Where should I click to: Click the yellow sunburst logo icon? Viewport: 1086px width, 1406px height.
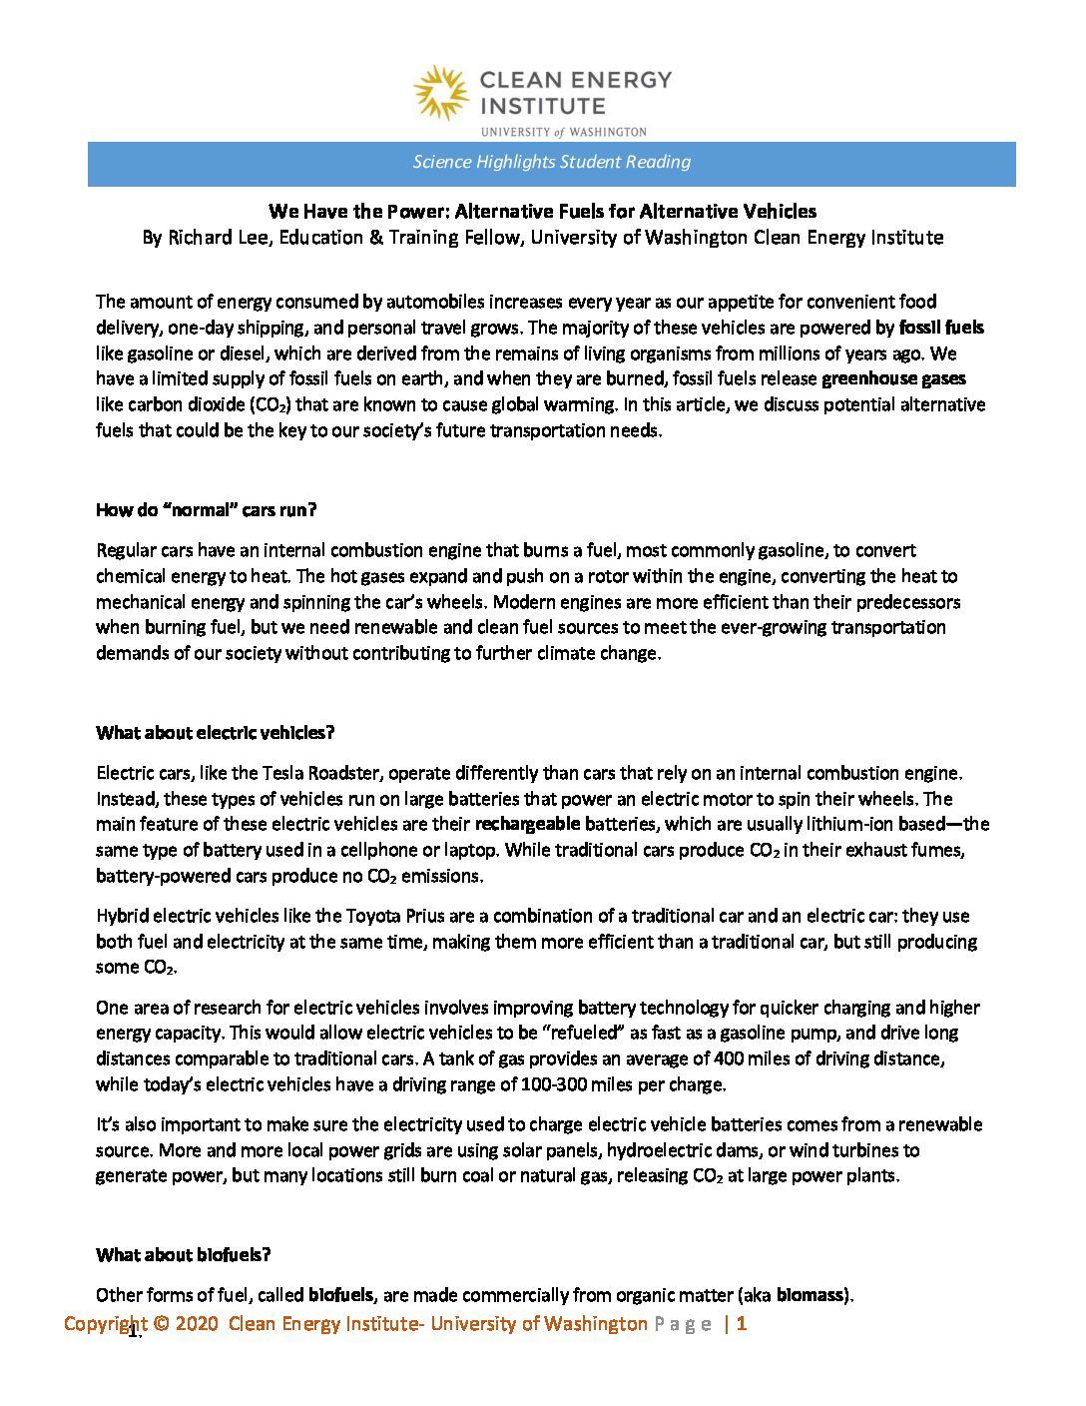click(440, 94)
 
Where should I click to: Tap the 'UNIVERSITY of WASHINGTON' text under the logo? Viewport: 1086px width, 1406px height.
click(563, 132)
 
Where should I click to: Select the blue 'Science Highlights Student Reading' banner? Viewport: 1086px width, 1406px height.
click(551, 163)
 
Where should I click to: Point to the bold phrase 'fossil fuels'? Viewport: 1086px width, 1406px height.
click(941, 328)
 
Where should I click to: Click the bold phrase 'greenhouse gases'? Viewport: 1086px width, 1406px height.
click(893, 378)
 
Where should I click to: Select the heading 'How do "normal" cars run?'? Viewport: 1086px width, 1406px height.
click(206, 510)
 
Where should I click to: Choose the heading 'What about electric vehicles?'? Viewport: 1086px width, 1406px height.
click(215, 733)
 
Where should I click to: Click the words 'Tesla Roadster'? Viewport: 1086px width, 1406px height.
click(320, 773)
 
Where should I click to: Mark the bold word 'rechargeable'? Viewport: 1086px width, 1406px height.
click(527, 824)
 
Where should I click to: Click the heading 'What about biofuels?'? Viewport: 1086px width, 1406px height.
click(183, 1255)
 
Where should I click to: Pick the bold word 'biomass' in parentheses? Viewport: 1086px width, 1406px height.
click(811, 1296)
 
